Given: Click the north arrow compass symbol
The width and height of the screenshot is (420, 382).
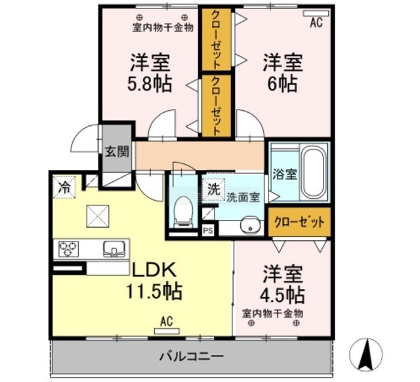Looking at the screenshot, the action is pos(366,354).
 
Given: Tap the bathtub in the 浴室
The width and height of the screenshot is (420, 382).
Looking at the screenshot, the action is pos(314,172).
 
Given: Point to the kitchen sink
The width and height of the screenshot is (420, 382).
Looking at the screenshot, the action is pos(114,249).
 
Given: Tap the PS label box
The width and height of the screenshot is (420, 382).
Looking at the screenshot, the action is pos(208,230).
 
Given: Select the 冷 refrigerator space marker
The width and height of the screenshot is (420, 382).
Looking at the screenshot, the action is pos(64,187).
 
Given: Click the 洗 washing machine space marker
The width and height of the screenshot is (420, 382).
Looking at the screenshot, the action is pos(214,189).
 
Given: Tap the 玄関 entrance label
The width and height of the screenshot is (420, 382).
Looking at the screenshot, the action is pos(117,152).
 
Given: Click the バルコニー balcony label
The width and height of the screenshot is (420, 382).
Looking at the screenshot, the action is pos(191,356).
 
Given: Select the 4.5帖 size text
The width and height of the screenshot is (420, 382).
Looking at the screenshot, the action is pos(283,295).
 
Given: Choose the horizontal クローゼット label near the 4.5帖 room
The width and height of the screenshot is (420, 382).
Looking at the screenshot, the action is pos(299,222).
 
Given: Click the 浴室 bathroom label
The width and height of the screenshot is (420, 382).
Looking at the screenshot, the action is pos(285,174).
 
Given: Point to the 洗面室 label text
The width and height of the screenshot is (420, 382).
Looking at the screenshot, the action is pos(243,197).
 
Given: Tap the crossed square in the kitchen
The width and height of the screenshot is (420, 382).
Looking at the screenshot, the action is pos(98,217).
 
